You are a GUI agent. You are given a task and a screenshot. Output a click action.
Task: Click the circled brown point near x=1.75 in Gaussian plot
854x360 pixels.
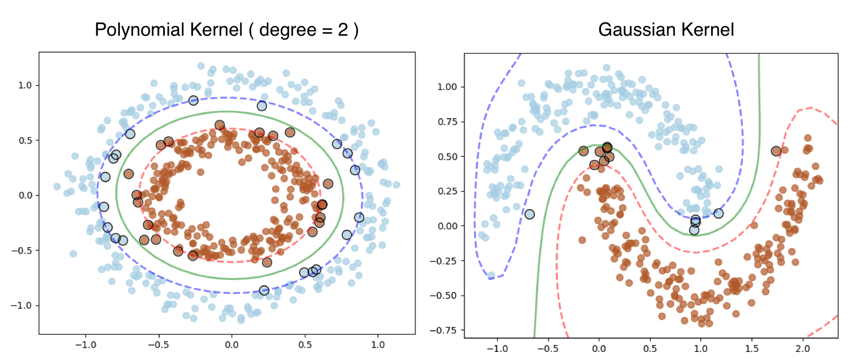(x=776, y=151)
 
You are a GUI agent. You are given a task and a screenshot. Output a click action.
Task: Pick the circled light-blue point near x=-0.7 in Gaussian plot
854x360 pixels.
(x=530, y=214)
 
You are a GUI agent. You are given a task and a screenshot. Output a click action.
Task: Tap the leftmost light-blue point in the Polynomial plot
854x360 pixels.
(x=56, y=187)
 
